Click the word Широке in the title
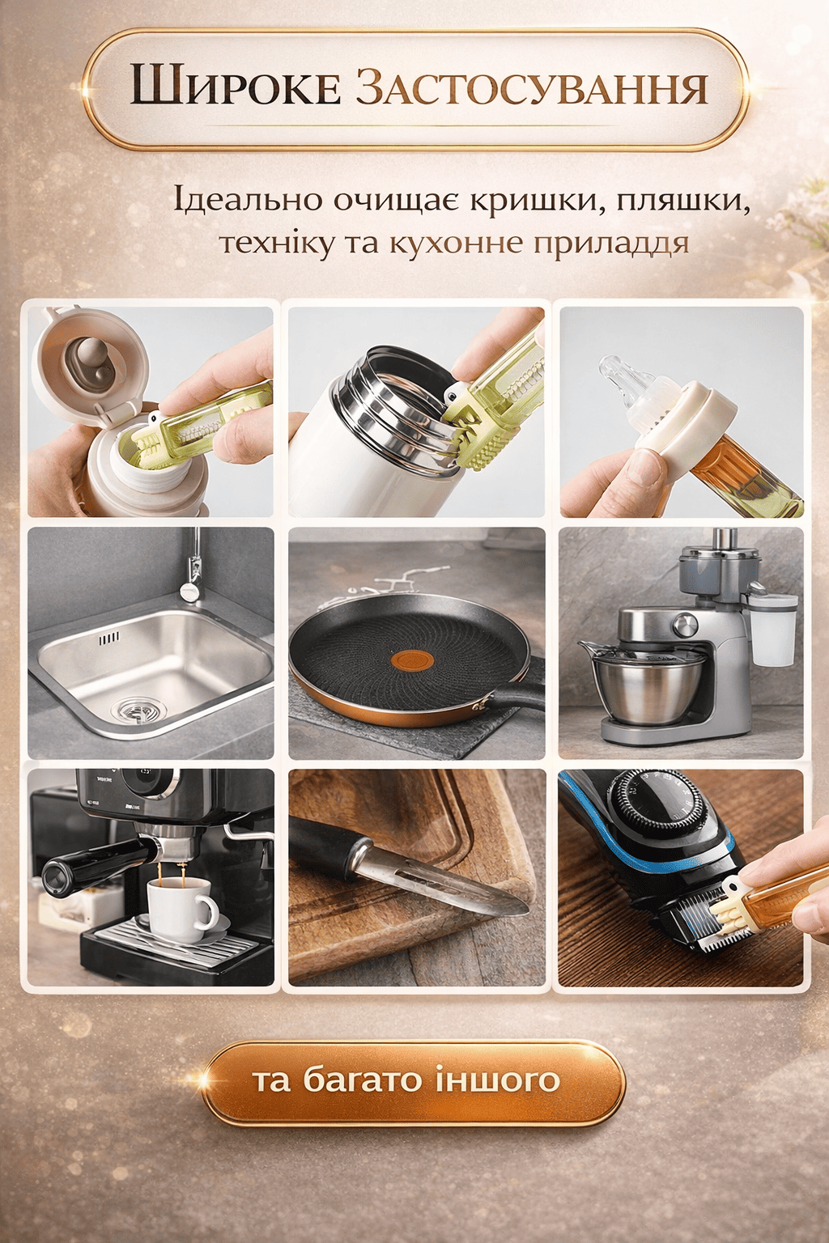235,86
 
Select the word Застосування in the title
532,86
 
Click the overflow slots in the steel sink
108,638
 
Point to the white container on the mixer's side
772,630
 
